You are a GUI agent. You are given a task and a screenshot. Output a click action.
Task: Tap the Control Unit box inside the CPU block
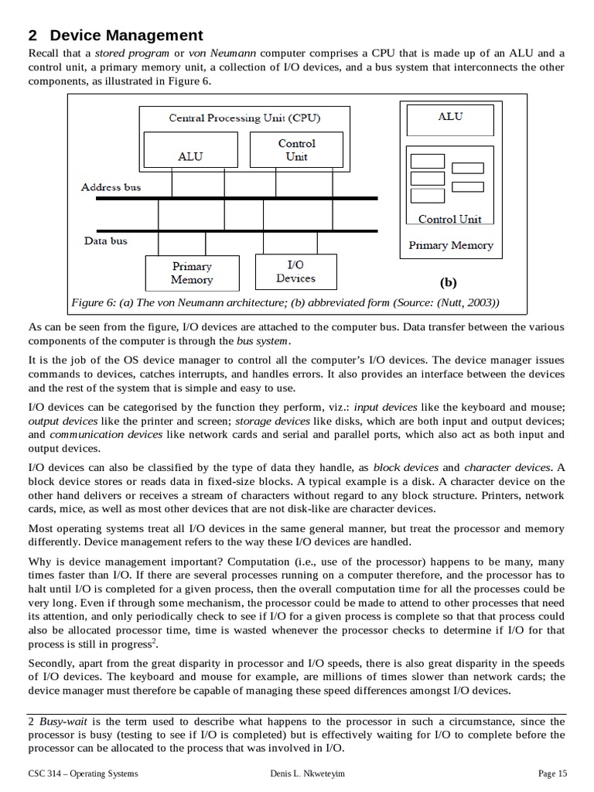coord(296,149)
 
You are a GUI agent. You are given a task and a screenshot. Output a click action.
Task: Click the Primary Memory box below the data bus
coord(191,272)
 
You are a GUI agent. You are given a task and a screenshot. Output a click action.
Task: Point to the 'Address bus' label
coord(111,187)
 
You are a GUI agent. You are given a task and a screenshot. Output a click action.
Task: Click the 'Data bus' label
coord(106,241)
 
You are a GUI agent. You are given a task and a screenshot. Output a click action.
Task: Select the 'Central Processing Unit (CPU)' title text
coord(244,118)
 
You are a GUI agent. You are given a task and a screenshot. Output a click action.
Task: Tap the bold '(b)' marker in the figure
coord(449,282)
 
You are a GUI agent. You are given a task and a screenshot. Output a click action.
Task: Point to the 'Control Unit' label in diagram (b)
coord(449,219)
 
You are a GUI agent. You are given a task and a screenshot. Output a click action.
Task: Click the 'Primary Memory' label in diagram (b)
coord(450,245)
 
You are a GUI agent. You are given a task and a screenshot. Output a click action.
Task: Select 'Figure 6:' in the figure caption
coord(93,302)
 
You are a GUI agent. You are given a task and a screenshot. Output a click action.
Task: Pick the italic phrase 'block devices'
coord(405,467)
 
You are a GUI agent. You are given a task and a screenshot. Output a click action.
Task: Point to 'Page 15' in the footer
coord(552,773)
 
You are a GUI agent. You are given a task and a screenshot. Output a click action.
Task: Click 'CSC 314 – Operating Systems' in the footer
coord(83,773)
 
